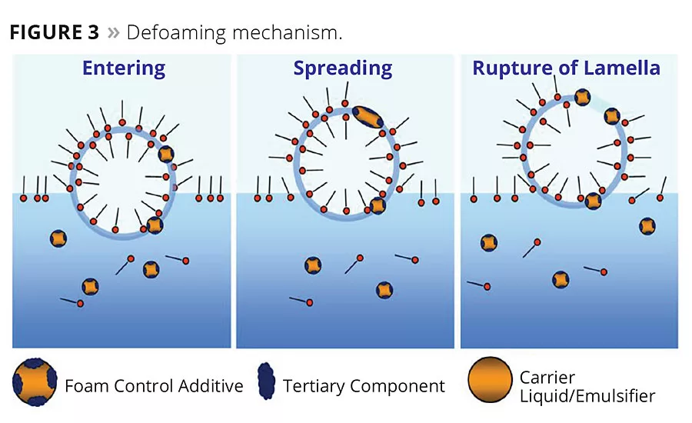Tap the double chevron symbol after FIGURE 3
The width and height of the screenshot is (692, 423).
coord(114,33)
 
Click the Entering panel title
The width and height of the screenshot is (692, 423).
coord(124,68)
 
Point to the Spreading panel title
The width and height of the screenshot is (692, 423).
coord(342,68)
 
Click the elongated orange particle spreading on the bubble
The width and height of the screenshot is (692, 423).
coord(367,116)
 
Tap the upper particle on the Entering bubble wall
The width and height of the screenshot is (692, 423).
coord(167,154)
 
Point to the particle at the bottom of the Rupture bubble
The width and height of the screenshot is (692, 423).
coord(593,202)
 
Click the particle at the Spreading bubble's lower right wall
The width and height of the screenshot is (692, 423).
coord(378,205)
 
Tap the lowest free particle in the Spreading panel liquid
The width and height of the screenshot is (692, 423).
coord(384,290)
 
